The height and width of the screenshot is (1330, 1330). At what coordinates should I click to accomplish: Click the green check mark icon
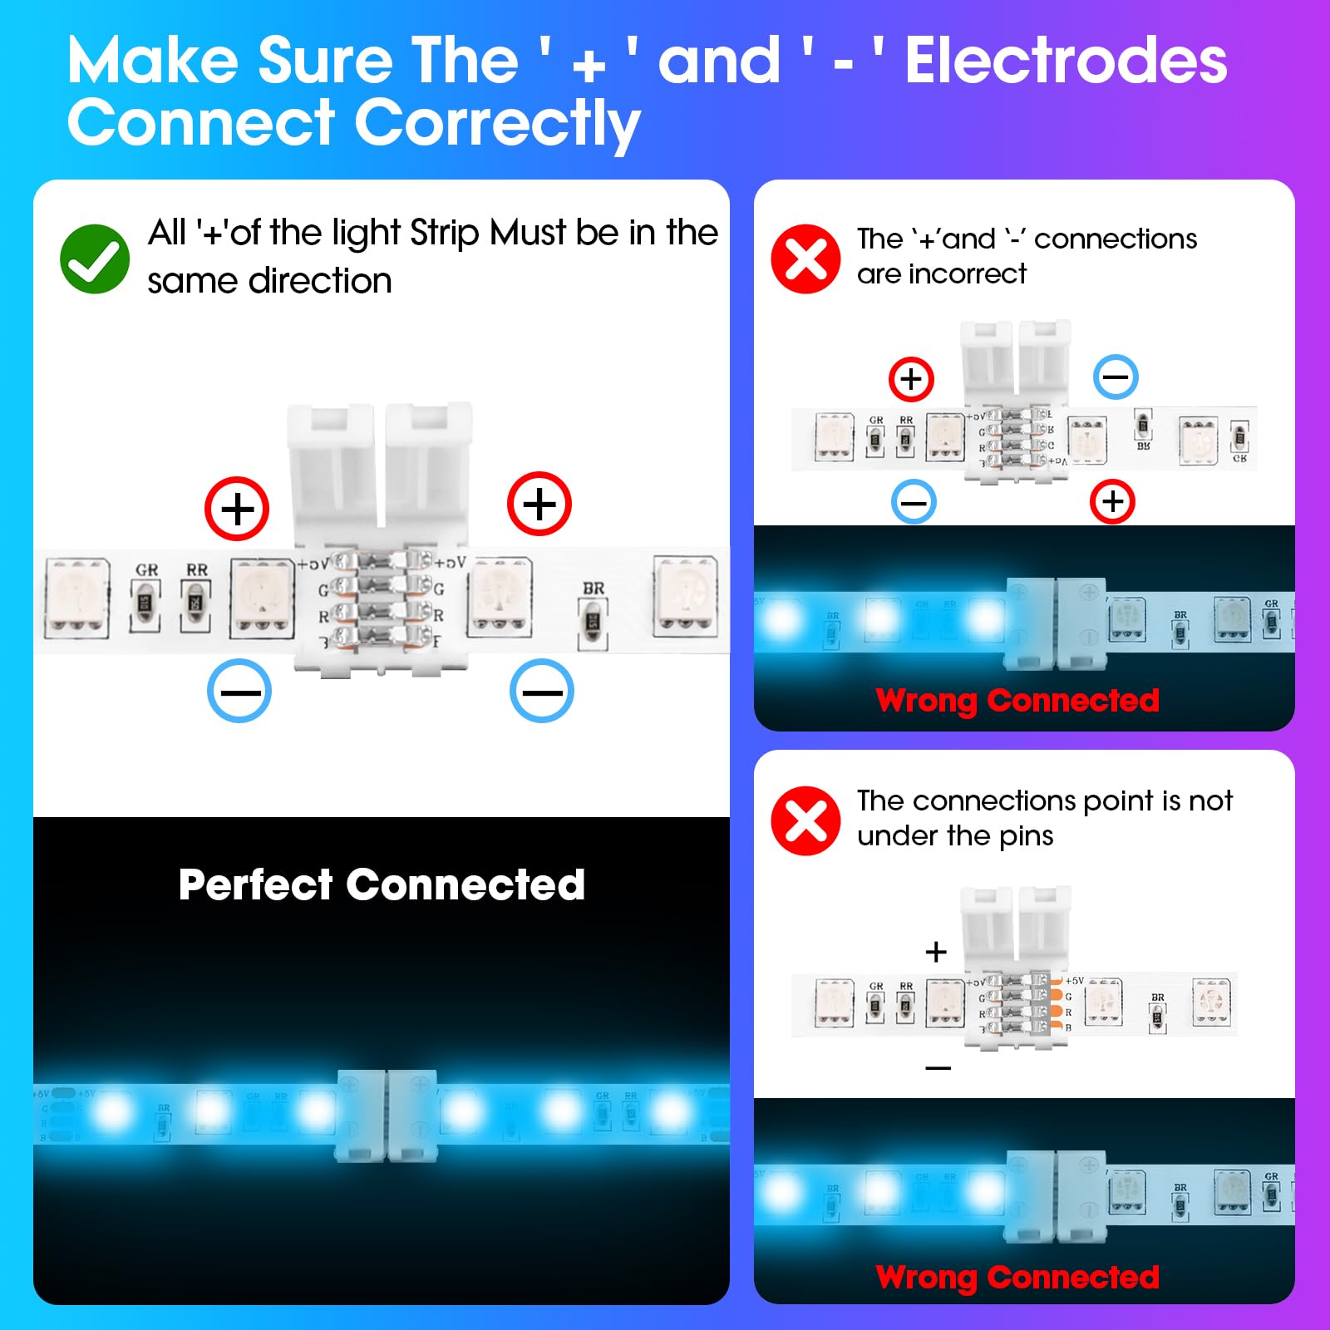coord(95,259)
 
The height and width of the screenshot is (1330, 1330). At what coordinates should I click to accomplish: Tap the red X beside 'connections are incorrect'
coord(805,259)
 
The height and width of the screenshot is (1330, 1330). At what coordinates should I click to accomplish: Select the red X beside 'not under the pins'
coord(805,821)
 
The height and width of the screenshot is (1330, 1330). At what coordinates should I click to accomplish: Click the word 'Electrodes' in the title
coord(1066,62)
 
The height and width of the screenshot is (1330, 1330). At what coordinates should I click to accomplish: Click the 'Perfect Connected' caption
coord(382,884)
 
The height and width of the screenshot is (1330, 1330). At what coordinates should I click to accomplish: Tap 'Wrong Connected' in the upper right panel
coord(1017,701)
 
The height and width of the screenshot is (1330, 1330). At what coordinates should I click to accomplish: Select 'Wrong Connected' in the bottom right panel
coord(1017,1278)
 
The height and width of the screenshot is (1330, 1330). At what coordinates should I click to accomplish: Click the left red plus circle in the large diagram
coord(237,509)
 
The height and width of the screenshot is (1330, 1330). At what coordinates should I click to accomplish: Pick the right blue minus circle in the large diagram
coord(541,692)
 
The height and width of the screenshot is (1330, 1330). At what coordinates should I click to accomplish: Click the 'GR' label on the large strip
coord(147,570)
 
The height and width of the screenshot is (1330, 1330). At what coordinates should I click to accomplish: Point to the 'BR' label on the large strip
coord(594,589)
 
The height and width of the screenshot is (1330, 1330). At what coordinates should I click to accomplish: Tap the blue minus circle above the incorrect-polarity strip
coord(1115,377)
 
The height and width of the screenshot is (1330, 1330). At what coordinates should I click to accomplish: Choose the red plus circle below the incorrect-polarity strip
coord(1112,501)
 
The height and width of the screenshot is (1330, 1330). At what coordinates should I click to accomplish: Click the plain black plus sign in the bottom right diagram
coord(936,952)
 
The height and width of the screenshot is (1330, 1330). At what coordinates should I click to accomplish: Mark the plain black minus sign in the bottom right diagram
coord(938,1068)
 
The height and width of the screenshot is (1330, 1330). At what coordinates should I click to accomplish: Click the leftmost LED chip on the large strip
coord(77,599)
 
